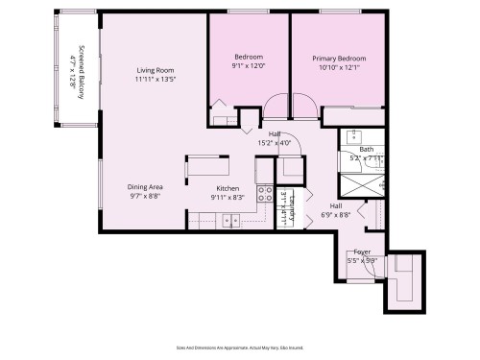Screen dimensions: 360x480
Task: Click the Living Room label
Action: [154, 70]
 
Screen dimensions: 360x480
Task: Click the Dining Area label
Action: [146, 187]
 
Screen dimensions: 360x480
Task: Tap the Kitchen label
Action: [228, 188]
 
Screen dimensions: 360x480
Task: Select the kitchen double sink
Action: [230, 221]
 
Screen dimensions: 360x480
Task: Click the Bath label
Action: [366, 150]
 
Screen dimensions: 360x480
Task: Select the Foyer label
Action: [362, 252]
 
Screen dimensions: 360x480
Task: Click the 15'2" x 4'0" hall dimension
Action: [275, 143]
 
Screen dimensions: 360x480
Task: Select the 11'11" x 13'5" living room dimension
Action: [154, 80]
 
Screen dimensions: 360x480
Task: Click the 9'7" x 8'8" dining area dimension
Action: [146, 197]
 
